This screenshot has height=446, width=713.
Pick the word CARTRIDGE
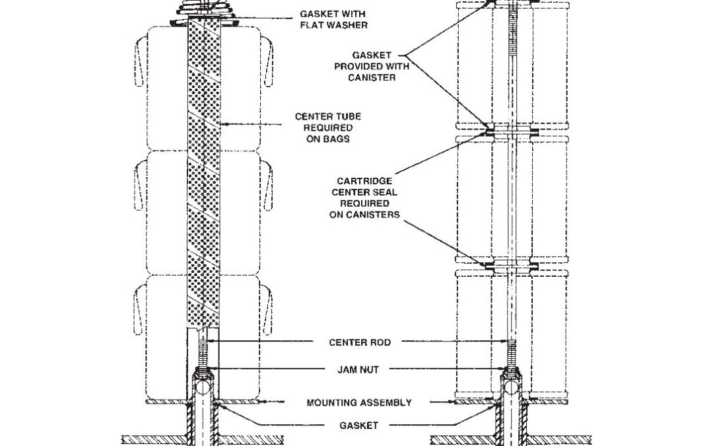tap(364, 180)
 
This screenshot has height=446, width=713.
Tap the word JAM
tap(348, 370)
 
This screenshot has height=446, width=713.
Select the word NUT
tap(370, 370)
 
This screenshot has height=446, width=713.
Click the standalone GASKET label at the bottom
tap(359, 426)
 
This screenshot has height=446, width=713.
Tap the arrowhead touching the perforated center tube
tap(222, 123)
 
